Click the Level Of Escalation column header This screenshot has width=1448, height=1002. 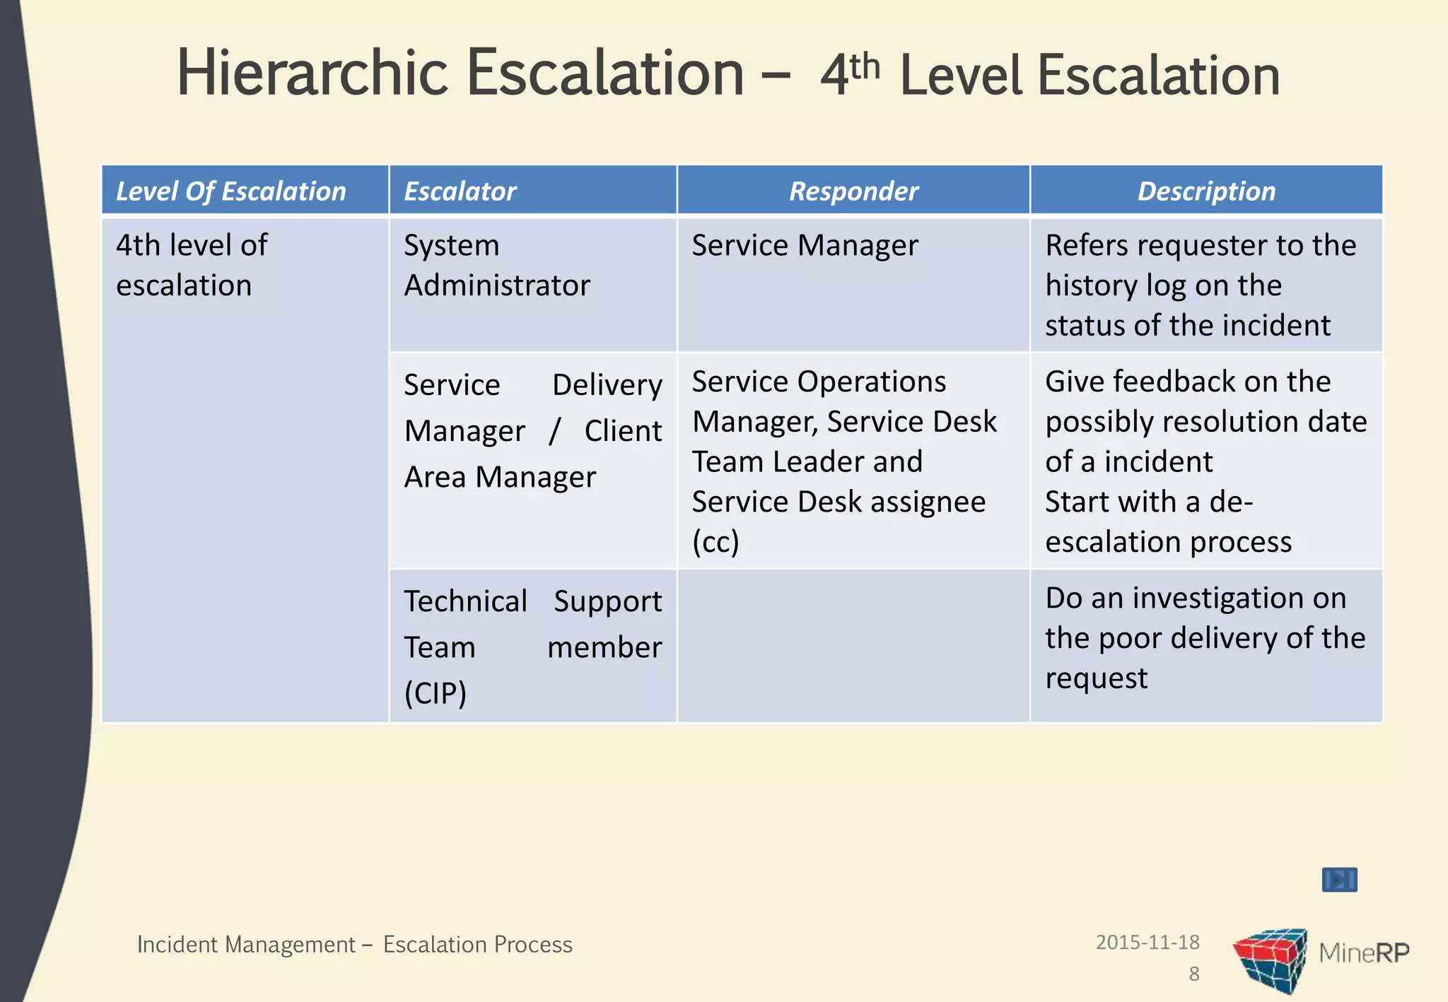[230, 191]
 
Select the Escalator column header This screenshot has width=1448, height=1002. [460, 191]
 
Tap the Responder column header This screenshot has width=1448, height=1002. [853, 191]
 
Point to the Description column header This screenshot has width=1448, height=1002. [1206, 191]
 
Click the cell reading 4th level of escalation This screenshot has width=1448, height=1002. [192, 265]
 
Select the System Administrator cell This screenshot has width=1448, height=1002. [496, 265]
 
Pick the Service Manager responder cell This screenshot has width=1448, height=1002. [805, 246]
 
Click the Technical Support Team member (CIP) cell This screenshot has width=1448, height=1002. [532, 647]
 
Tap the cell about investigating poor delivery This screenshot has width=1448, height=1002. [1205, 637]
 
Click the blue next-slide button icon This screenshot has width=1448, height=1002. [1339, 880]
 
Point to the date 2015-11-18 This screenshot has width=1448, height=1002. [1148, 942]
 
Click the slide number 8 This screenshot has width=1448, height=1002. [1194, 974]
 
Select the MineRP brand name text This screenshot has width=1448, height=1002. [1364, 953]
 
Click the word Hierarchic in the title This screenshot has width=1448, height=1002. [313, 73]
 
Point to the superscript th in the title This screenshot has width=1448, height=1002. [865, 66]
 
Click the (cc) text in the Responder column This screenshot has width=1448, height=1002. [716, 542]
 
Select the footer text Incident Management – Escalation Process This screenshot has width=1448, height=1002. [354, 945]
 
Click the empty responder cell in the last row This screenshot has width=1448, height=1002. [853, 646]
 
